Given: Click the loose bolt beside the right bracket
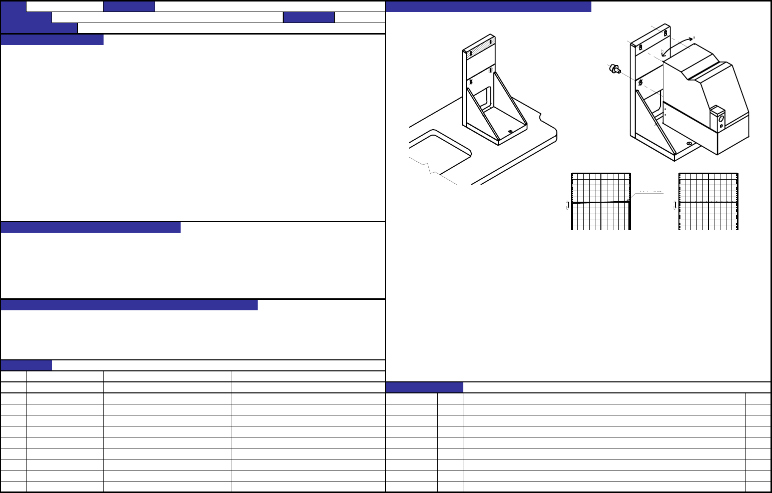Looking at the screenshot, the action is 614,69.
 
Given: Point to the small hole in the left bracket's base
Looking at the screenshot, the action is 510,131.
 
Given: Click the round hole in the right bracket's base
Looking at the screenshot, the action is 689,144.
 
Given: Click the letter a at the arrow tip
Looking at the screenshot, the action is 693,38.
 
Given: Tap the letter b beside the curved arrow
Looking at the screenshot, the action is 662,52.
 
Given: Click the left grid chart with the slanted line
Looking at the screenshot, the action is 600,201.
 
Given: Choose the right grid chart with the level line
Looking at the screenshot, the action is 708,201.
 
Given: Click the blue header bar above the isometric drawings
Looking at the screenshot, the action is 488,7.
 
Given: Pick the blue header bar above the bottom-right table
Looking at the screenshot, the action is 424,387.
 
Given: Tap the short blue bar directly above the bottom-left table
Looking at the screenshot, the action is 26,365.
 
